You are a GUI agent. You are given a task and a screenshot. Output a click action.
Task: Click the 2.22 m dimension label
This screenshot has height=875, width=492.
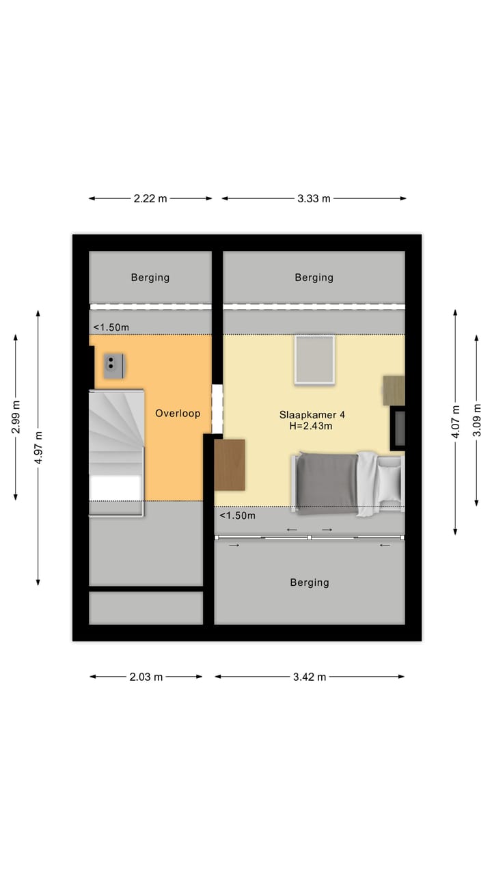coord(150,199)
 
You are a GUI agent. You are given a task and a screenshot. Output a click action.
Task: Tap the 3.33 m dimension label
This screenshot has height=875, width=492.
coord(314,199)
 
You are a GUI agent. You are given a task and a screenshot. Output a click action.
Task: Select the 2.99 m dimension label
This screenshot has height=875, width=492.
coord(16,417)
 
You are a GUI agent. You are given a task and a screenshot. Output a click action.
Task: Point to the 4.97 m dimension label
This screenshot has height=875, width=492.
coord(38,448)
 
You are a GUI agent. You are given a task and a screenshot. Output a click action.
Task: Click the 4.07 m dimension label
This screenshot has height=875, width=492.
coord(455,421)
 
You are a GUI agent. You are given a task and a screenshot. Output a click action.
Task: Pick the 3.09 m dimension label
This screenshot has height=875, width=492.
coord(477,420)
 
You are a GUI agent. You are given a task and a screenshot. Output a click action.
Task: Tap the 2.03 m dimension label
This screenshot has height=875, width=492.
coord(146,677)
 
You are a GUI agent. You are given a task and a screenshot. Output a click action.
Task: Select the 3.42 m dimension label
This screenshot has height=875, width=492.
coord(310,677)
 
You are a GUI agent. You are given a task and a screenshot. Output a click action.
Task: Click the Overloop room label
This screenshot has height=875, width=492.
coord(178,414)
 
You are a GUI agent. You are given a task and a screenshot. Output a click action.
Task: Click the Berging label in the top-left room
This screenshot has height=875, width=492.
coord(150,278)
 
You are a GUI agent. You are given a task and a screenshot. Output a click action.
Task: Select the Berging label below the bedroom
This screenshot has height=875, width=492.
coord(310,582)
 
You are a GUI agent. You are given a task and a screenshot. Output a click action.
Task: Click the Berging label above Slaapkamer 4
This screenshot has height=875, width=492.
coord(314,278)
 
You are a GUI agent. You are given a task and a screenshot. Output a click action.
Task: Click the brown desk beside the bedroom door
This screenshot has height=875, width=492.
coord(230,465)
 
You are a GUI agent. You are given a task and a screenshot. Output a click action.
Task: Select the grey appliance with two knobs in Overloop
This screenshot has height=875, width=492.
coord(113,366)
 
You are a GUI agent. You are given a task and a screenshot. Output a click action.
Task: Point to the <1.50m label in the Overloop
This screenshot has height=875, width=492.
coord(111,327)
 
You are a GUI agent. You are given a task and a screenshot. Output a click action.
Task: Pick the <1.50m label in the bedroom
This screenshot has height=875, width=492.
coord(237,515)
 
